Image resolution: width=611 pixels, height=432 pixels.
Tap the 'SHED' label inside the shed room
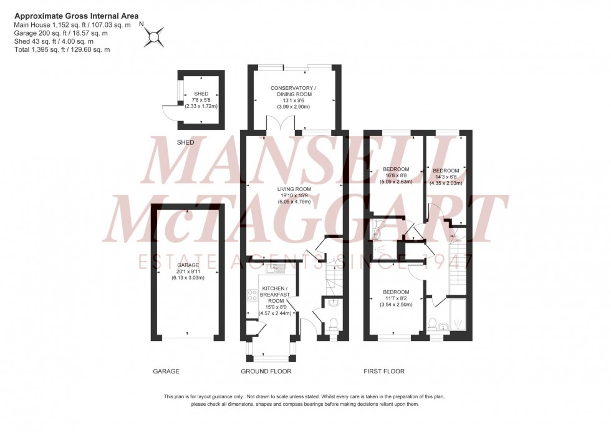point(201,94)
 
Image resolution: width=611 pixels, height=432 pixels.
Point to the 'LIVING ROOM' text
point(295,189)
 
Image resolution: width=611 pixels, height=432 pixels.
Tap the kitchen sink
point(274,268)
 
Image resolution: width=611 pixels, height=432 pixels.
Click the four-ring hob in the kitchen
point(253,297)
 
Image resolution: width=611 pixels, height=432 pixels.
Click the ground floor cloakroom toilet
point(333,324)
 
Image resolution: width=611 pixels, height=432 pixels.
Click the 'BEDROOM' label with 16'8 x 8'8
point(396,170)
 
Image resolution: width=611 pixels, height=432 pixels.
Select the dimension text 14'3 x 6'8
point(446,177)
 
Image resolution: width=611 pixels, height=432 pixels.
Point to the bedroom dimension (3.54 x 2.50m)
point(396,305)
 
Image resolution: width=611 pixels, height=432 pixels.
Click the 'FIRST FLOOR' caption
point(384,371)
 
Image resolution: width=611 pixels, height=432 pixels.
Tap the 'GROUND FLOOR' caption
point(266,371)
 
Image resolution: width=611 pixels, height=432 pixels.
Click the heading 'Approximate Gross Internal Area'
point(76,16)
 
